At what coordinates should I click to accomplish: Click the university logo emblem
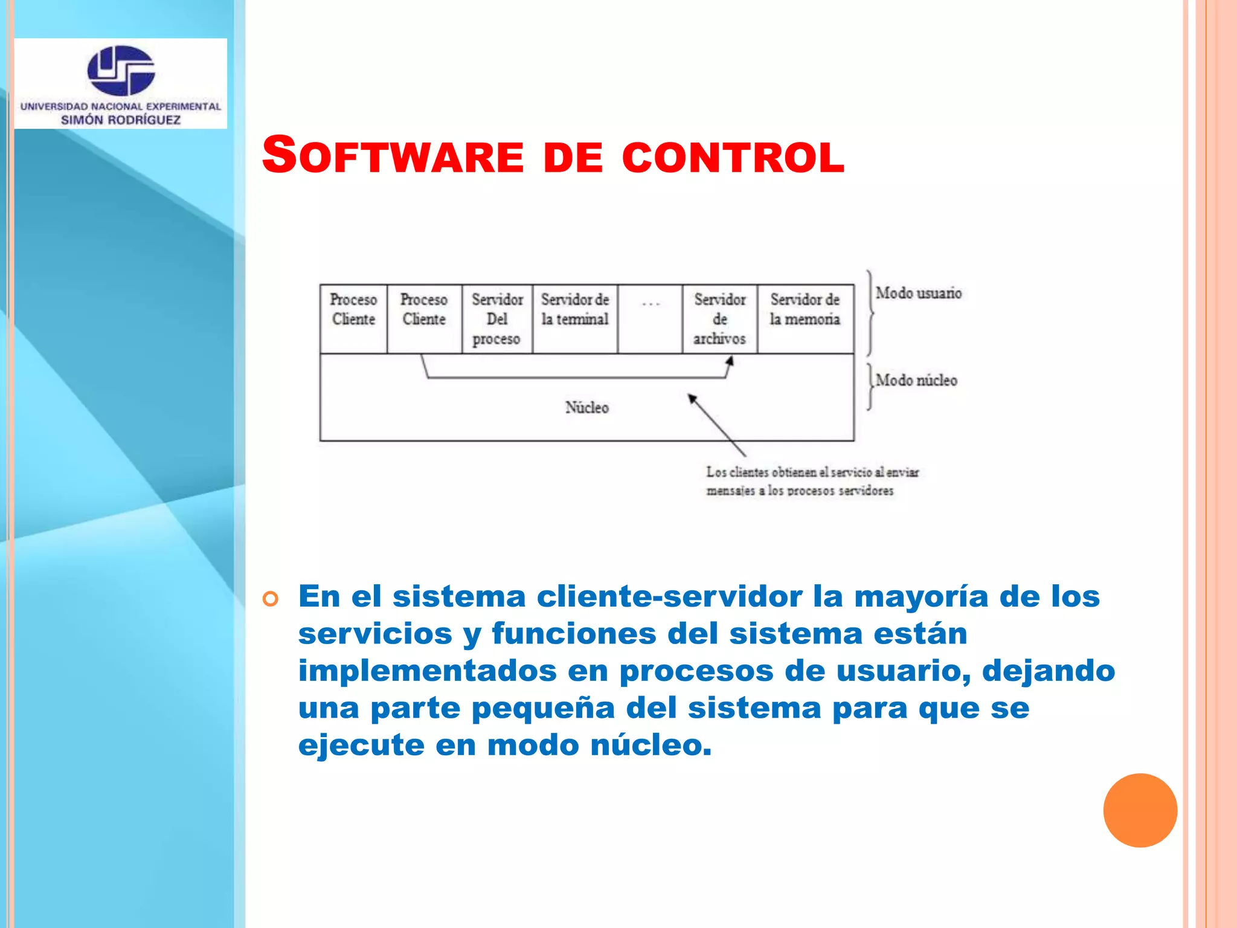point(121,70)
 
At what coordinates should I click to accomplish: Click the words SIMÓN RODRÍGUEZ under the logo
point(121,120)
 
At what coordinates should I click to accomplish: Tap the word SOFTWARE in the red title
point(393,156)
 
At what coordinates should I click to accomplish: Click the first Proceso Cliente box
point(353,318)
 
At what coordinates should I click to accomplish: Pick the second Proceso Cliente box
point(424,318)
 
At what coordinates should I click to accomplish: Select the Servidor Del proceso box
point(496,319)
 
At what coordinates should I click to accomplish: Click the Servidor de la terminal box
point(574,318)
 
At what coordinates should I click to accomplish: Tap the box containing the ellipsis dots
point(650,318)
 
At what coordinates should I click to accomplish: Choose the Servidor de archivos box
point(719,319)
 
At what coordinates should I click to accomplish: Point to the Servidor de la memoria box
point(805,318)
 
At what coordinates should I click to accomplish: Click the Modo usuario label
point(918,293)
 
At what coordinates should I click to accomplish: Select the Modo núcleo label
point(916,381)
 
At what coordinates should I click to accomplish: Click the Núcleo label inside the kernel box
point(586,408)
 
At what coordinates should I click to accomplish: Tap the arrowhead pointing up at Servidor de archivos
point(730,361)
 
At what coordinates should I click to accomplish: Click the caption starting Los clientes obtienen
point(811,481)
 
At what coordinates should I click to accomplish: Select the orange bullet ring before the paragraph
point(271,599)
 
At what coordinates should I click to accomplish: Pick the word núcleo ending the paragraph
point(650,745)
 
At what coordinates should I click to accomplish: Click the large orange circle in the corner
point(1140,810)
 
